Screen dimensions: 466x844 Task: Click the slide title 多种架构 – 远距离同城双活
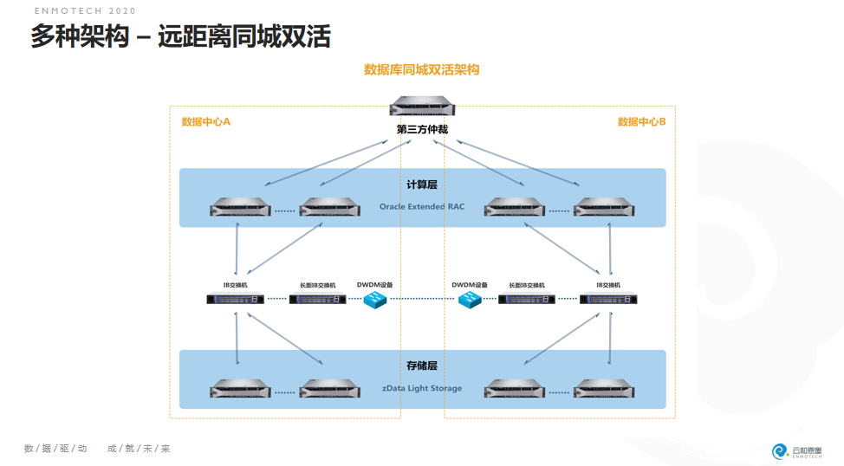[180, 37]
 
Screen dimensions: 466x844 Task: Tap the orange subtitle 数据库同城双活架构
[421, 70]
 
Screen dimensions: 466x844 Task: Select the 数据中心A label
[205, 122]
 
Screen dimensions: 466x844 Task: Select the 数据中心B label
[641, 122]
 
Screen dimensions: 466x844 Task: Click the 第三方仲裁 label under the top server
[422, 130]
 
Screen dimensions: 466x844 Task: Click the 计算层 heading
[422, 184]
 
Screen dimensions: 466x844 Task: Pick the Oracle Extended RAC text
[422, 207]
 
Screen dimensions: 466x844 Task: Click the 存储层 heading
[422, 366]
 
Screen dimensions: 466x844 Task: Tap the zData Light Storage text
[422, 388]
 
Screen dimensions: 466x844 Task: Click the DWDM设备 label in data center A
[374, 284]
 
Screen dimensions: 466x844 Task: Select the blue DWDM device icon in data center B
[470, 300]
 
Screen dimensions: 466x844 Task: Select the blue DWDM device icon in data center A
[375, 300]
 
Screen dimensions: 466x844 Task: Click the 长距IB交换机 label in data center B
[527, 284]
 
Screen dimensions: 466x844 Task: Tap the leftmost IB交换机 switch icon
[235, 300]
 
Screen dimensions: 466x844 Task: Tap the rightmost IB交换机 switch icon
[609, 300]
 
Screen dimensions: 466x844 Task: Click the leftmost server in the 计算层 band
[240, 208]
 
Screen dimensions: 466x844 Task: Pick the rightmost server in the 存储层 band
[604, 389]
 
